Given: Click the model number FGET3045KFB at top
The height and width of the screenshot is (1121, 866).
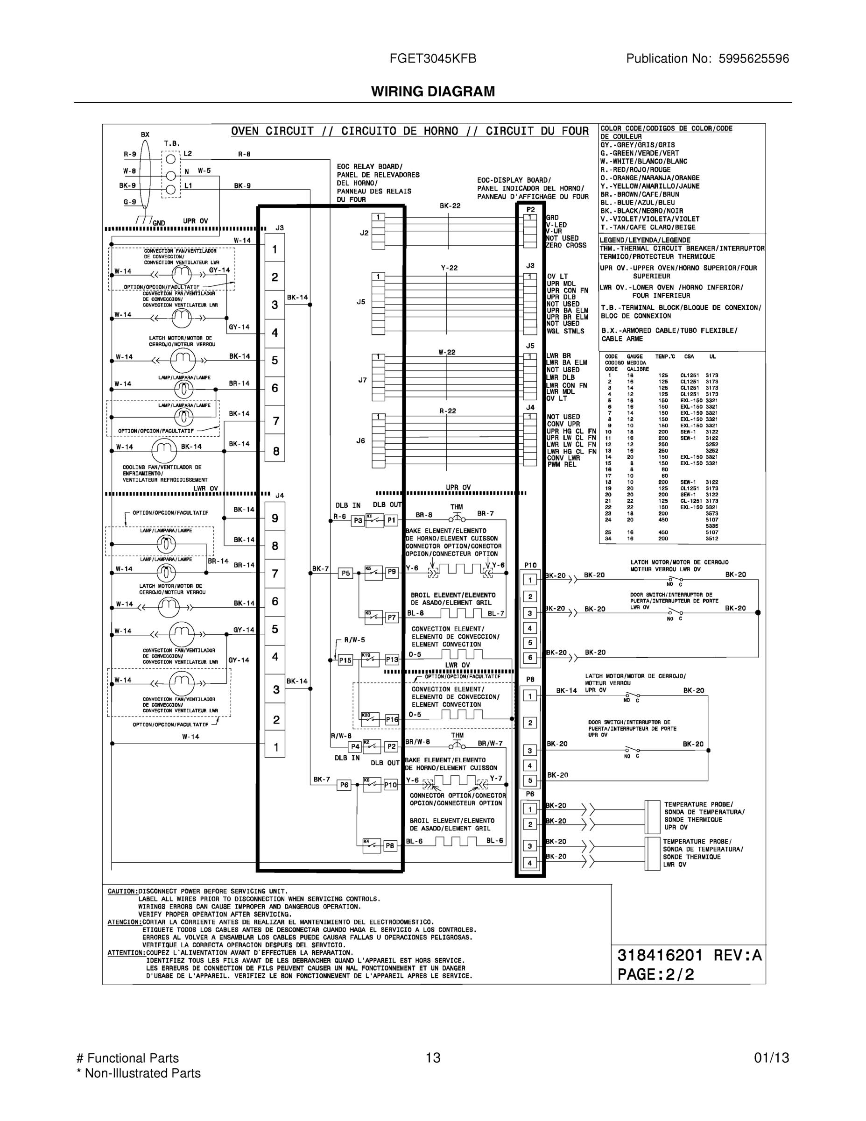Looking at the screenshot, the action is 433,58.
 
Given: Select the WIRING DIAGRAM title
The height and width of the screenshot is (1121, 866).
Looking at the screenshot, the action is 433,92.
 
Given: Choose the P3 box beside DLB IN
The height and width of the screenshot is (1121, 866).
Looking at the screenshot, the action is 358,520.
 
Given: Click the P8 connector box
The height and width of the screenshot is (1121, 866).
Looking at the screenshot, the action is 390,845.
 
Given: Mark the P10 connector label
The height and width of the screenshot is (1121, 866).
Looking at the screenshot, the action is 530,565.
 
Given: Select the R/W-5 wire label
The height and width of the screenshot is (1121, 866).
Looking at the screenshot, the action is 354,639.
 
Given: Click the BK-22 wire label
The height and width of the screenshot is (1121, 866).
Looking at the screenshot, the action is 450,206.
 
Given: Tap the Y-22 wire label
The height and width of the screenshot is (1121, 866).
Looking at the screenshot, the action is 450,268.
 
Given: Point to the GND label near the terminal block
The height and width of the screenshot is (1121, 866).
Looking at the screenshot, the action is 159,223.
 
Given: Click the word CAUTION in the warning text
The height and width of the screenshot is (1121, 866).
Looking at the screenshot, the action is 122,891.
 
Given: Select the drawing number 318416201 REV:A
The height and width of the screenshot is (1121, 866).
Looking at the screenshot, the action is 690,955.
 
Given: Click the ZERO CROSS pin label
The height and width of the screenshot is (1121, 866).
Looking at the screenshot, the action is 566,245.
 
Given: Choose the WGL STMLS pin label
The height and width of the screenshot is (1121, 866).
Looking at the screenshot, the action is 565,331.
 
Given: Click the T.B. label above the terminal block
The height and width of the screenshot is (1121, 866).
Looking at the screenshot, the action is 171,144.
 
